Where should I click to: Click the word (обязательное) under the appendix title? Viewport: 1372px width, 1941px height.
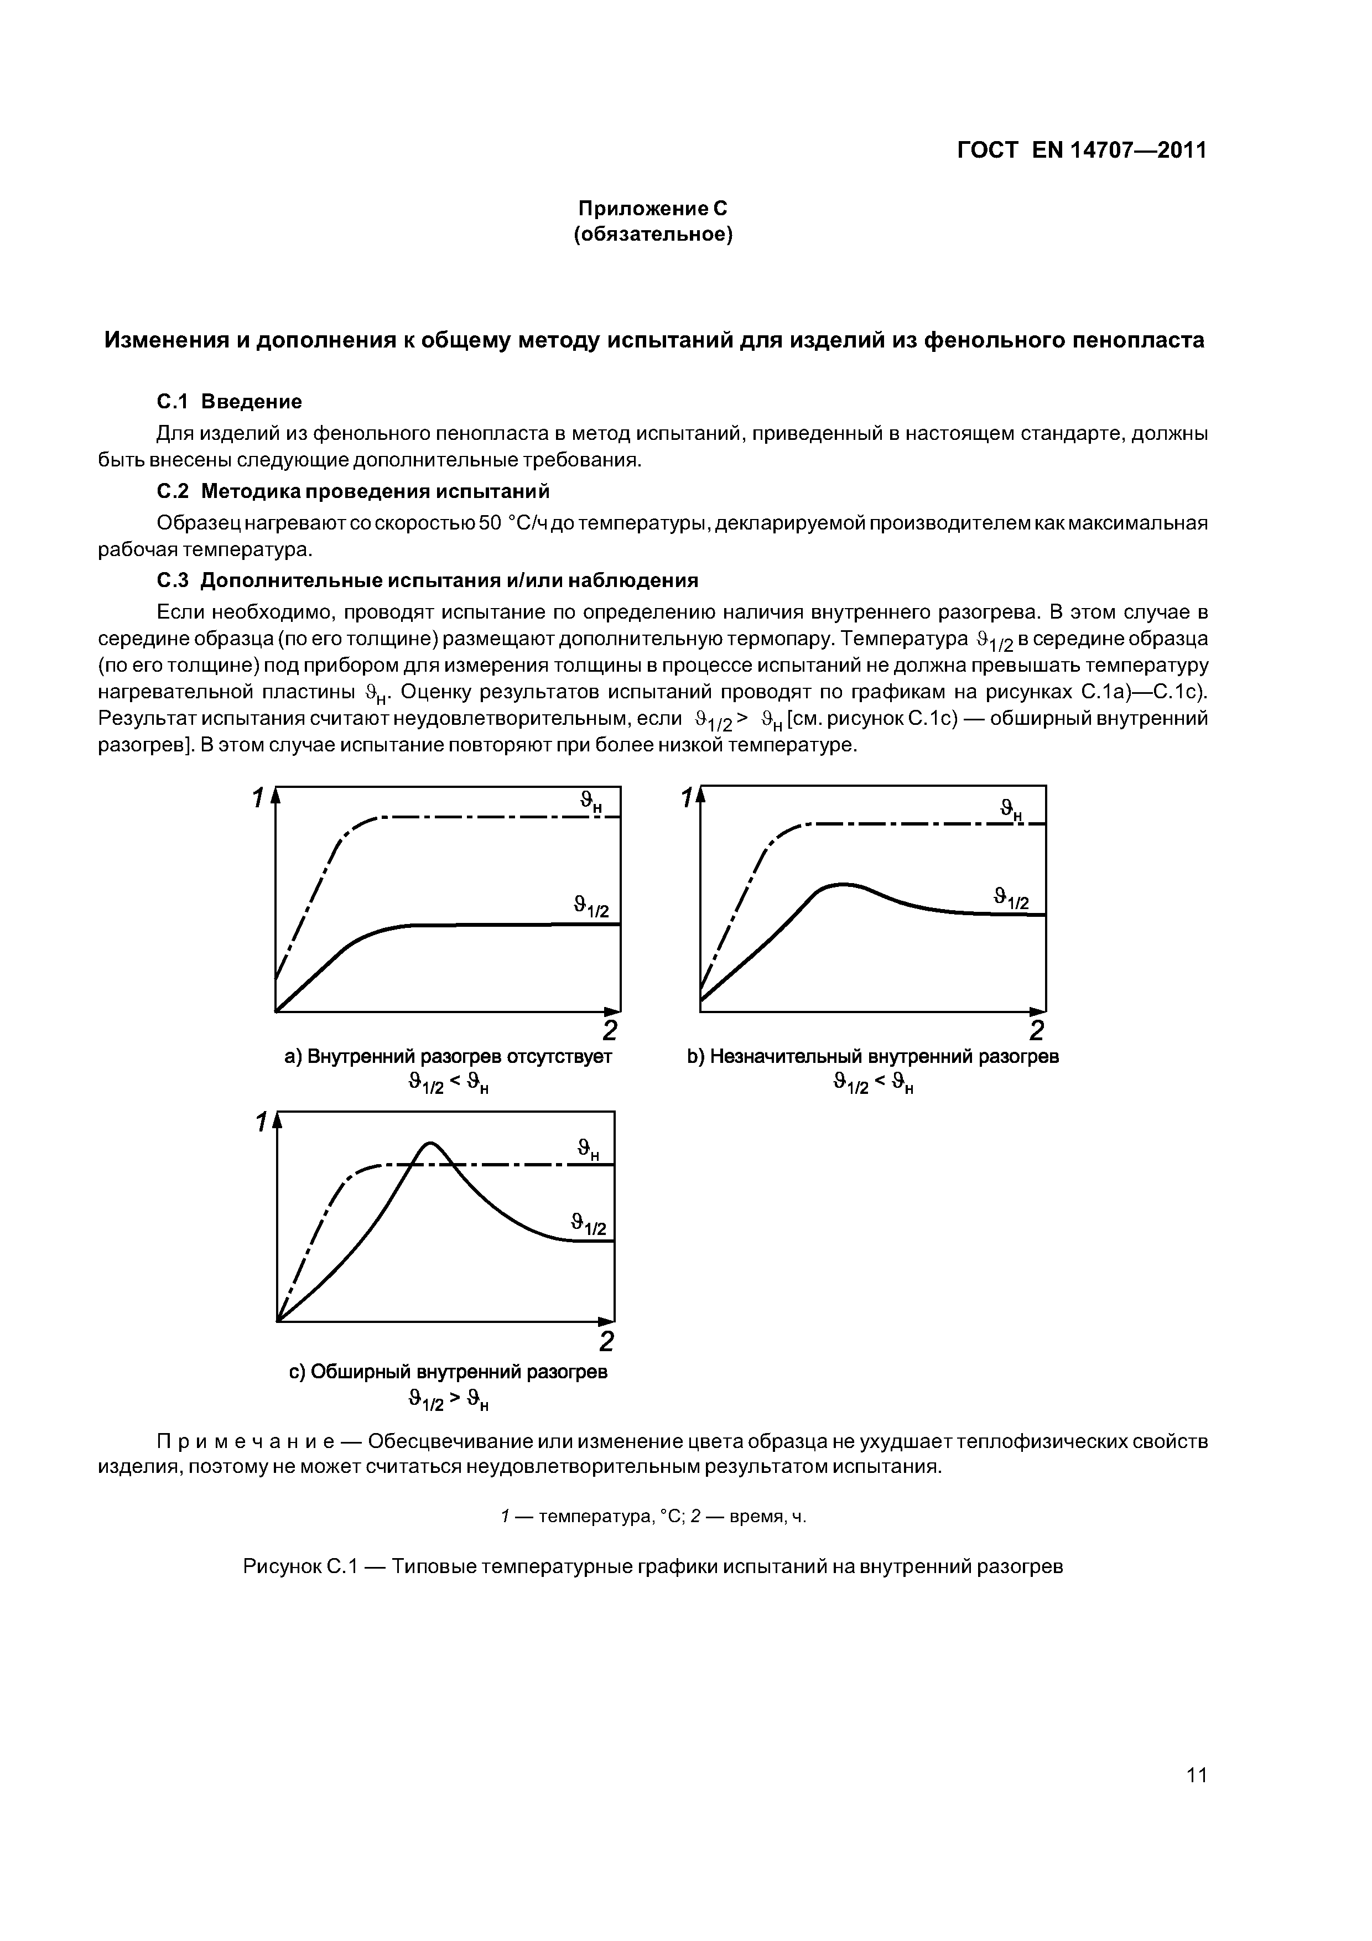[653, 234]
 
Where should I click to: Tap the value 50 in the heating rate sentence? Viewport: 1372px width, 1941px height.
[490, 523]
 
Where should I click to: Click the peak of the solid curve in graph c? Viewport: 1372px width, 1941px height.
[430, 1143]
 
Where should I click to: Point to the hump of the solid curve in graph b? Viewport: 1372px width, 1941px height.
[843, 884]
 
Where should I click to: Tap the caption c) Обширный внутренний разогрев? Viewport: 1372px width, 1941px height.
[448, 1371]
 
